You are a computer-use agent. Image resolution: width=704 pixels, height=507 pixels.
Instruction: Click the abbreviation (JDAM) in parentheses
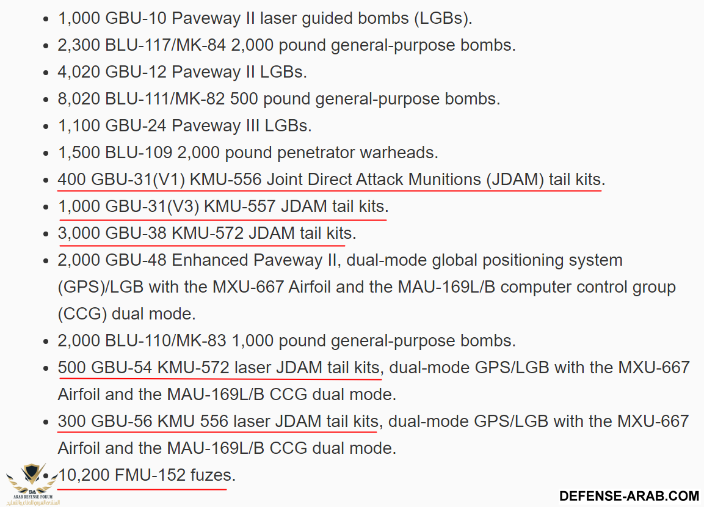[515, 180]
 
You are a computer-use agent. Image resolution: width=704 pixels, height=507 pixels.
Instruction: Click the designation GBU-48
[136, 260]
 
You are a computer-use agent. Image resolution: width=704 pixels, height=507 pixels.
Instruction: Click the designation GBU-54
[122, 368]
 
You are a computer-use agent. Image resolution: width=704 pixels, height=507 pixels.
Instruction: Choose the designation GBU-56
[122, 421]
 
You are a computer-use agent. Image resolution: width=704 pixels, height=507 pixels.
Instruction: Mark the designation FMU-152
[150, 475]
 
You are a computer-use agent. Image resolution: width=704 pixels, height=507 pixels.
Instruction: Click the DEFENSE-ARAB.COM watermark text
[629, 495]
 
